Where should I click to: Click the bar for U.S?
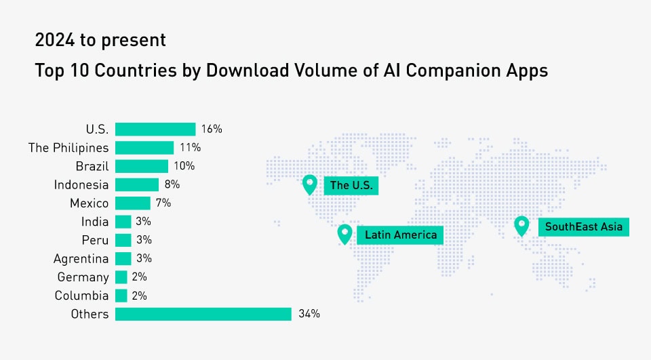(x=155, y=129)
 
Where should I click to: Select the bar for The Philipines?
(x=144, y=147)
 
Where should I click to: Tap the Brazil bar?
(x=142, y=166)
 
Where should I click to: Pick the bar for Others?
(x=203, y=314)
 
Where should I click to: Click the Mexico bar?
(x=133, y=203)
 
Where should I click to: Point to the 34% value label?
(x=309, y=314)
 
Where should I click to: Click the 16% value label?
(x=212, y=129)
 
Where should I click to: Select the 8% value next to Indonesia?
(x=172, y=184)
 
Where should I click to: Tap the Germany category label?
(x=83, y=277)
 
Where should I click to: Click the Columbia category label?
(x=82, y=296)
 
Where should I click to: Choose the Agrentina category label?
(x=81, y=258)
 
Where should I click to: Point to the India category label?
(x=94, y=222)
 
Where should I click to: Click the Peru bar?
(x=123, y=240)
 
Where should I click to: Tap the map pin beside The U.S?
(x=310, y=184)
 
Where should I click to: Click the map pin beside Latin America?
(x=345, y=234)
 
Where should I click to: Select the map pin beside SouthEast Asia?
(x=521, y=225)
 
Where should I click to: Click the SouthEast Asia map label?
(x=583, y=226)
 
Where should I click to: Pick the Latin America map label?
(x=401, y=235)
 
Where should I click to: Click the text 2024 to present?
(x=100, y=41)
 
